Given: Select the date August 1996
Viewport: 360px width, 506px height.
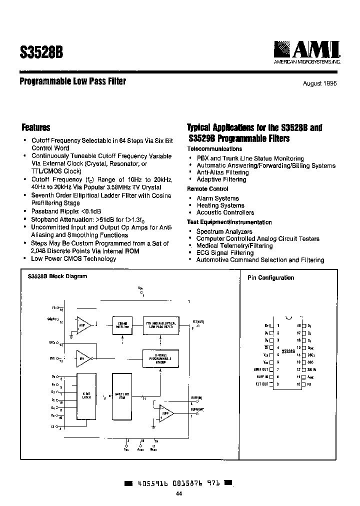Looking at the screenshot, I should tap(319, 83).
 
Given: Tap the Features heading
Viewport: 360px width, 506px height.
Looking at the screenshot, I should tap(36, 128).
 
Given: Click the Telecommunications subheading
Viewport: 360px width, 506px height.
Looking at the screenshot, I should tap(214, 149).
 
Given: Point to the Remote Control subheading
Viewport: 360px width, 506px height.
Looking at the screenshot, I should tap(207, 189).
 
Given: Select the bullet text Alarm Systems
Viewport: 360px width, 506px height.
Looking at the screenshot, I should tap(217, 198).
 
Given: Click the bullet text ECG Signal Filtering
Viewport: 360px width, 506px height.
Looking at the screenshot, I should tap(224, 253).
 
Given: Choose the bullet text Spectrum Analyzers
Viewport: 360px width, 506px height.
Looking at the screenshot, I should tap(224, 231).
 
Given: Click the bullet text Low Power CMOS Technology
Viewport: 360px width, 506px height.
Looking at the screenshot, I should tap(73, 258).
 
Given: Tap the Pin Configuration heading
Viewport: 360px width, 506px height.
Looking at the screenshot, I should tap(270, 278).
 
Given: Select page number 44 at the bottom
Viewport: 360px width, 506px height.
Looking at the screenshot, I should tap(179, 494).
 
